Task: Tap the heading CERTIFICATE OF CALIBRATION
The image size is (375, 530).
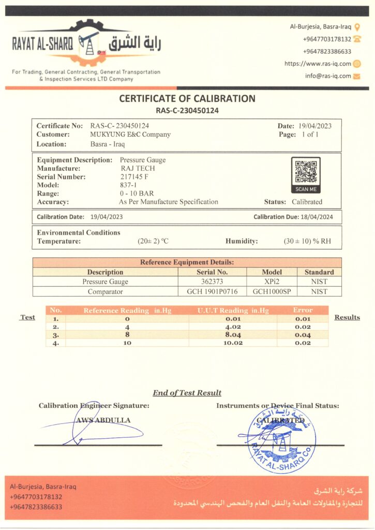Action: [x=187, y=98]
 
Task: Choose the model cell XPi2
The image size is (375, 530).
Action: [x=272, y=282]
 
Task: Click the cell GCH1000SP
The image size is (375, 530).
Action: [x=272, y=291]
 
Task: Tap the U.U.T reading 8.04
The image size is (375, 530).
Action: [x=233, y=334]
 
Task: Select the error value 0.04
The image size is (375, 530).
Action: [x=303, y=334]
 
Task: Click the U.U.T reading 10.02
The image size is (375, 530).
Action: [x=233, y=342]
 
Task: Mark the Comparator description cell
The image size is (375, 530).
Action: [x=105, y=291]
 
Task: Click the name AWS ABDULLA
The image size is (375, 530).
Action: [x=103, y=420]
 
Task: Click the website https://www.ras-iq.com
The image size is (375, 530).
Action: [x=318, y=64]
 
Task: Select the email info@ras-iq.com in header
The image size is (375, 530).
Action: [x=328, y=76]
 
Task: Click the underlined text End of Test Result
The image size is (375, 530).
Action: [x=187, y=393]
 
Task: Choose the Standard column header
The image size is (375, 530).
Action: [x=319, y=272]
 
